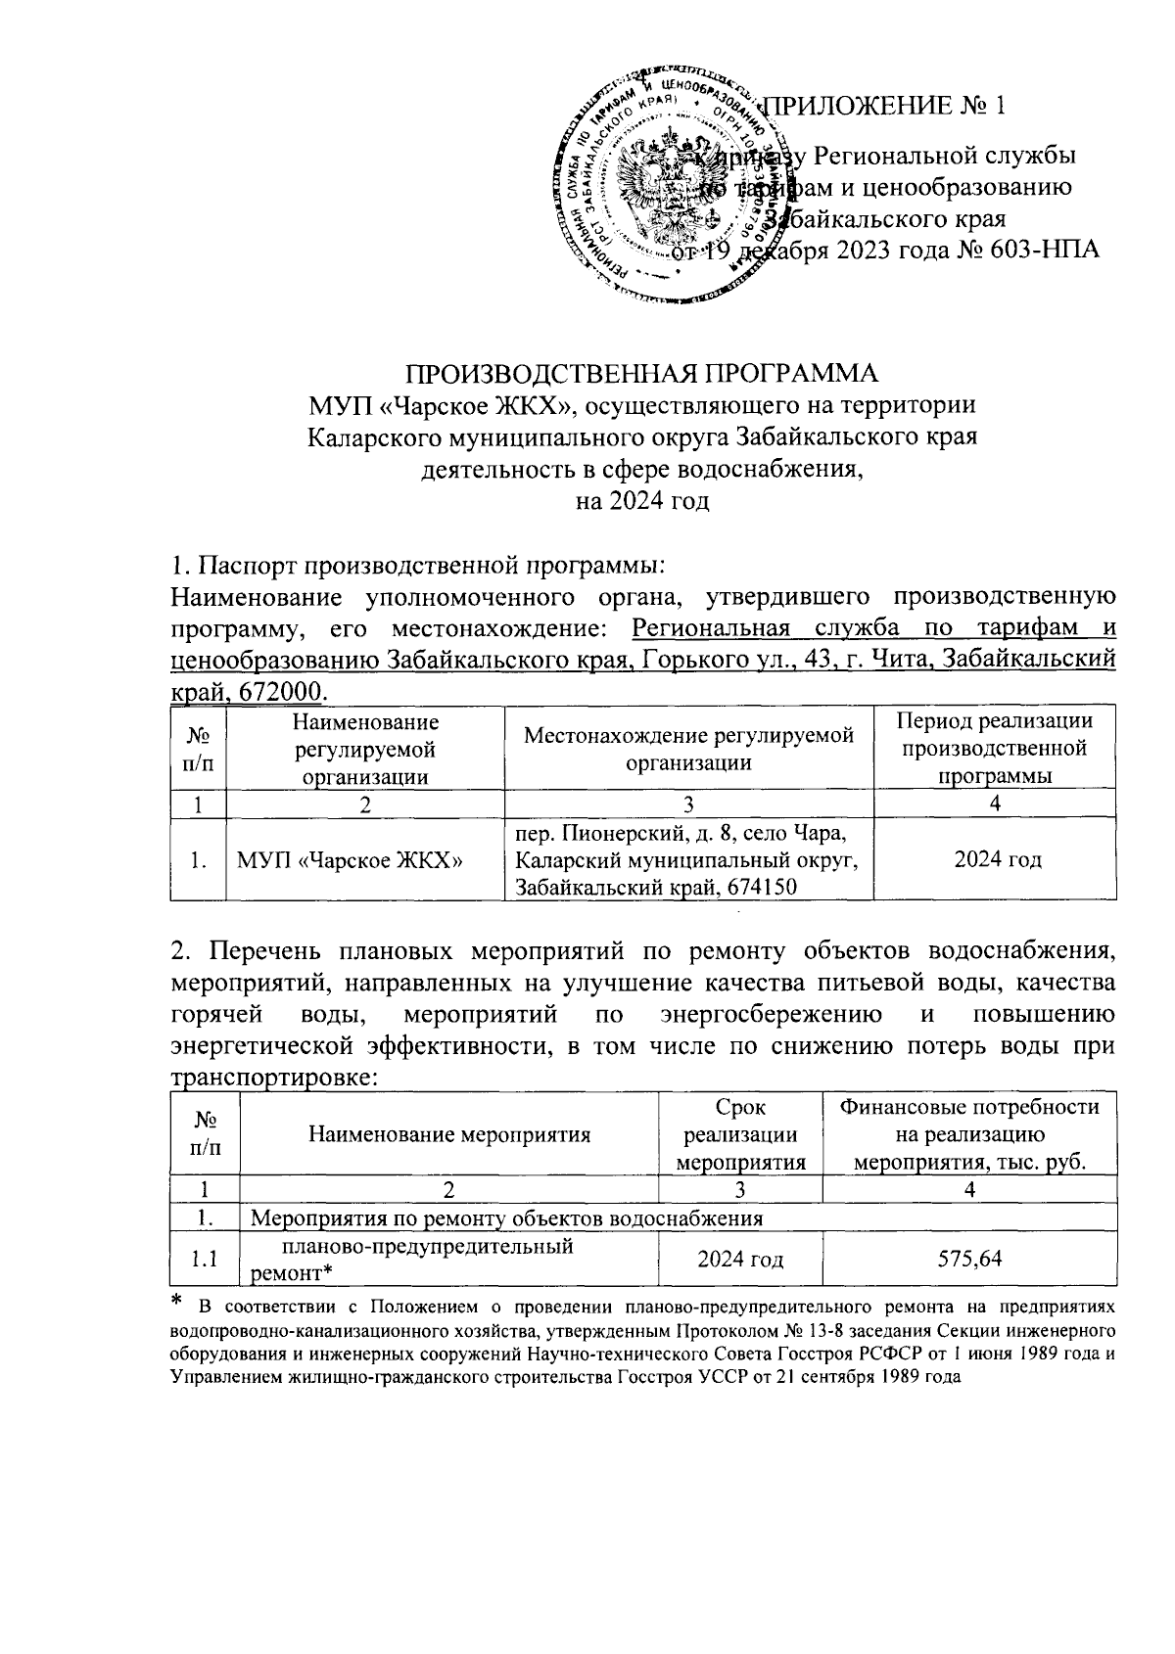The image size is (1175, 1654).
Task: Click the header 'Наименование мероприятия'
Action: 449,1134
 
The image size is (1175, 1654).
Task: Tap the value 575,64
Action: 969,1259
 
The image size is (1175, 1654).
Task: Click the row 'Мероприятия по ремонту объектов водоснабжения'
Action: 507,1218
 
